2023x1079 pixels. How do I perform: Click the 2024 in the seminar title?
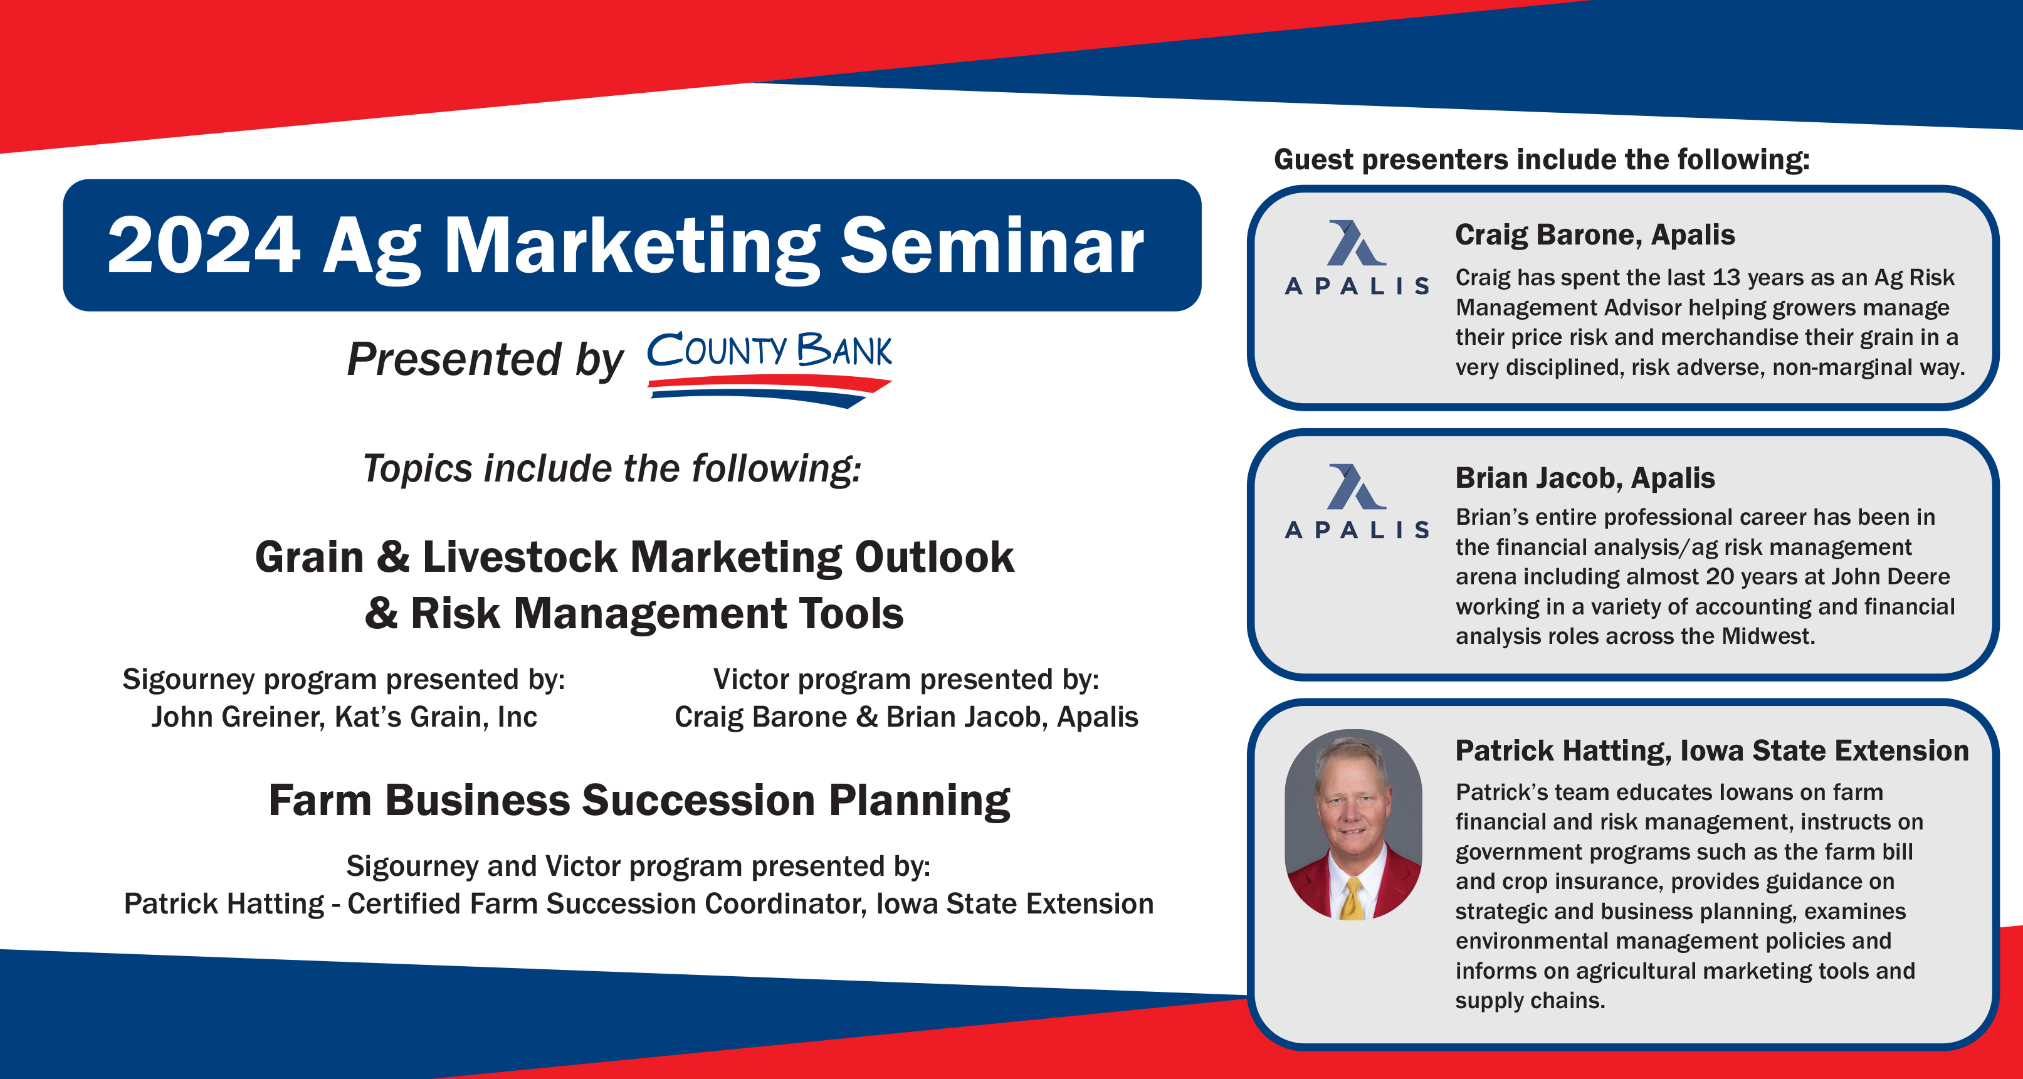coord(203,246)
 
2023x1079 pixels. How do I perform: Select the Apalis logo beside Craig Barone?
coord(1356,257)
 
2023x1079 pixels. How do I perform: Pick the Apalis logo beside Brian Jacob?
coord(1356,501)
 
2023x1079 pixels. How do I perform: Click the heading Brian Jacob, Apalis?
coord(1585,478)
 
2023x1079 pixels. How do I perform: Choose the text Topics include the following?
coord(612,469)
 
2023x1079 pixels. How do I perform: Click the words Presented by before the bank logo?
coord(485,361)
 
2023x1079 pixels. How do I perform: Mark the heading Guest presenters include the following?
coord(1542,159)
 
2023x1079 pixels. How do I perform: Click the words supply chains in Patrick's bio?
coord(1530,1001)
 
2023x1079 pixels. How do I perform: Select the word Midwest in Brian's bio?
coord(1768,636)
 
